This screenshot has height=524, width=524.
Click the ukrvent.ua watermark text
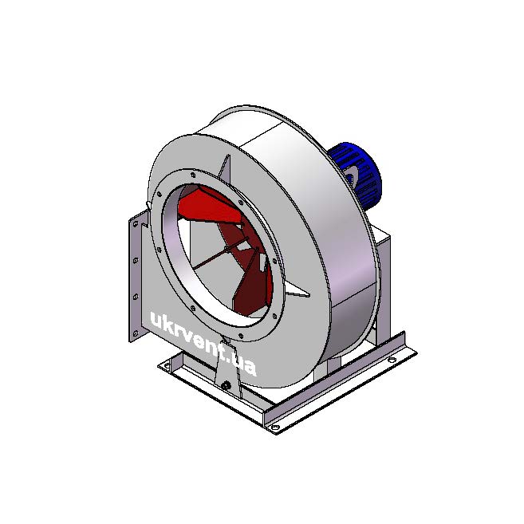tap(203, 343)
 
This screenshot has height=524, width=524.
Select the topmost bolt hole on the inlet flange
tap(193, 175)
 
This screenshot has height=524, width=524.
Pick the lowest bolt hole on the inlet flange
tap(241, 336)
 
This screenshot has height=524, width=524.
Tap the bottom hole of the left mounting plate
tap(136, 333)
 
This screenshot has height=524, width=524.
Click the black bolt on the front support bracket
tap(226, 386)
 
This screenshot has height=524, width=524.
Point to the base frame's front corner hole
tap(274, 427)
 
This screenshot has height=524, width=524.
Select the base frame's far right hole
tap(392, 360)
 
